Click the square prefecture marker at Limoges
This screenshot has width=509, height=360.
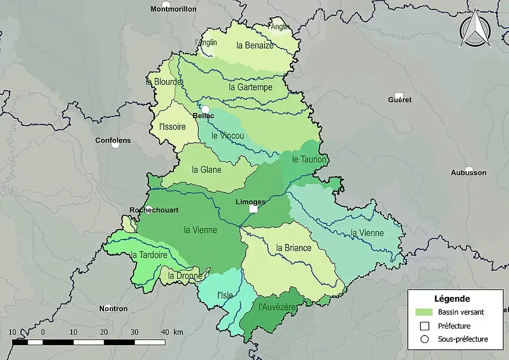[253, 209]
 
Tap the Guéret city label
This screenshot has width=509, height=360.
[399, 100]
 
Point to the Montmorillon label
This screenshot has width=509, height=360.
[173, 9]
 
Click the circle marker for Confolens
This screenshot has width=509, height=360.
[115, 144]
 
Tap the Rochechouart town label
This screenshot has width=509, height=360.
[154, 210]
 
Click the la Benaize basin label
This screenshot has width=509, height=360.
[255, 46]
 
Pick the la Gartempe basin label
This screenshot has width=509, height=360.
[250, 87]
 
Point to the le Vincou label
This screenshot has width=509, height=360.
[227, 136]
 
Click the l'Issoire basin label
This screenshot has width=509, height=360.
[172, 127]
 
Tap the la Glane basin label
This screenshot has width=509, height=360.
[207, 170]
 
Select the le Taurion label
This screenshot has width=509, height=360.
[310, 159]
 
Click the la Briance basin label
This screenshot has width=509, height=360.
[294, 248]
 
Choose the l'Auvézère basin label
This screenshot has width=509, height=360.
[276, 306]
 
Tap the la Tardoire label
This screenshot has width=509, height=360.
[148, 255]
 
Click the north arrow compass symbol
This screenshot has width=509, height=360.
[475, 31]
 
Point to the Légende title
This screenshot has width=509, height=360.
[452, 298]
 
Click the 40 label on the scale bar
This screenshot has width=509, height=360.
[165, 332]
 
